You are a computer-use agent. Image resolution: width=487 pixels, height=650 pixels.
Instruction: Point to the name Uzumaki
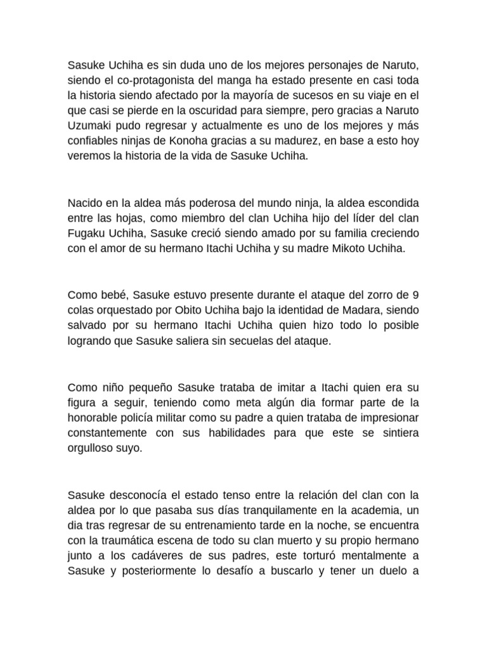coord(89,126)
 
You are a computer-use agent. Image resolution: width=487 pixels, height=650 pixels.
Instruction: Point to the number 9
coord(415,295)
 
